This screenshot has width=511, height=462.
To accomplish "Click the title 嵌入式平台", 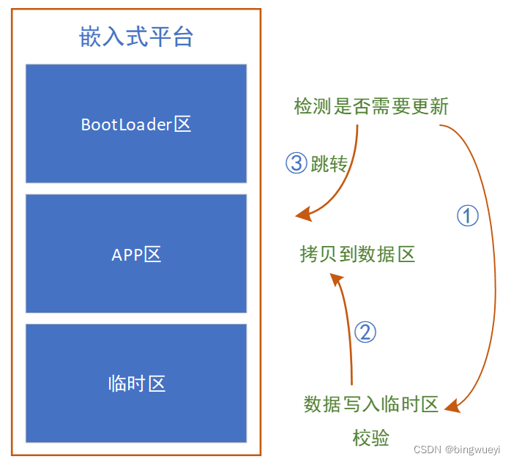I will (x=136, y=37).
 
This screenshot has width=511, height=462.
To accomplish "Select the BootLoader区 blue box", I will (x=136, y=123).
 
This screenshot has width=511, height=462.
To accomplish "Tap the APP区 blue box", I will (x=136, y=253).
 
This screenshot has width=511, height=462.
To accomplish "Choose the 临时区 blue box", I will (x=136, y=383).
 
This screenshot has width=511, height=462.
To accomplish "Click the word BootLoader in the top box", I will (x=127, y=124).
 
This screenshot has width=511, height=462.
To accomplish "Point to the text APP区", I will (x=136, y=254).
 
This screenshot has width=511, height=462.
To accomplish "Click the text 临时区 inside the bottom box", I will (x=136, y=383).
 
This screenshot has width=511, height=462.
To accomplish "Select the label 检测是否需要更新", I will (x=370, y=107).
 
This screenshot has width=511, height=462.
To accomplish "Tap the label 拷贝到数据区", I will (x=357, y=254).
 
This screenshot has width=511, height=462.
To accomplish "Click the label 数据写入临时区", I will (x=370, y=404).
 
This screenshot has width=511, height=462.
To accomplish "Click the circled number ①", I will (x=467, y=215).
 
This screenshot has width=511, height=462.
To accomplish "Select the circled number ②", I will (x=365, y=332).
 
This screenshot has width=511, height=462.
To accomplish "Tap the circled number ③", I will (x=296, y=163).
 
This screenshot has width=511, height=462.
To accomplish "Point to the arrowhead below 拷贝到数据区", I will (x=335, y=279).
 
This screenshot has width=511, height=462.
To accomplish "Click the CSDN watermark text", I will (x=425, y=448).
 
